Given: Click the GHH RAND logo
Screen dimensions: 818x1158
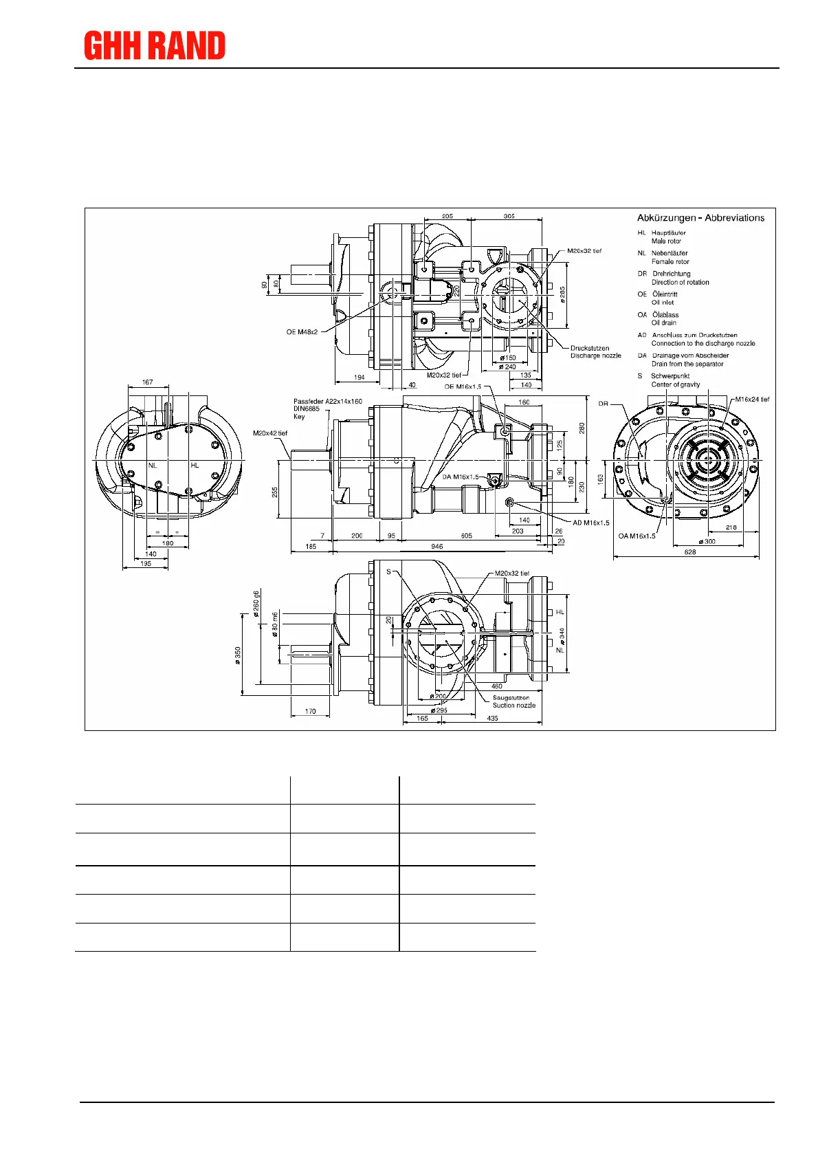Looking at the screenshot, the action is pos(155,46).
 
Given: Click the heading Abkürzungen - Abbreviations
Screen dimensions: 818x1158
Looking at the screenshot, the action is pos(700,218).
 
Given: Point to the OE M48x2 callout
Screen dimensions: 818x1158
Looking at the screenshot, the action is pos(302,332).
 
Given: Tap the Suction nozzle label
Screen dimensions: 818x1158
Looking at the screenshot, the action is pos(513,706).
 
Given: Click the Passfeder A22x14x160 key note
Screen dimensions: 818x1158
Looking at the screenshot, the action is pos(328,402).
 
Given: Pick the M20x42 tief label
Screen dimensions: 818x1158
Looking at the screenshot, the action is pos(270,433).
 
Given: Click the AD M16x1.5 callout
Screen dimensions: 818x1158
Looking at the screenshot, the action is pos(590,523).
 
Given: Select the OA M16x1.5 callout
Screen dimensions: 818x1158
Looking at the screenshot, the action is pos(637,536).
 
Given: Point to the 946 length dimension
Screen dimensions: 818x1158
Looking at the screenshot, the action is pos(436,547).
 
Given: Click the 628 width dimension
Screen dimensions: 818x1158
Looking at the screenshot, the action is pos(690,552).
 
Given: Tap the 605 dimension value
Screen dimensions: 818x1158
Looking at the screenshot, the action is pos(467,536).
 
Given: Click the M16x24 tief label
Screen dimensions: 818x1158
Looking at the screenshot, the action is pos(752,400).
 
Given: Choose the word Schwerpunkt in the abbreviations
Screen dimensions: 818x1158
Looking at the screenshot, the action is pos(670,376).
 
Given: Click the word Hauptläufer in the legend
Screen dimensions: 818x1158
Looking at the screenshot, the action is pos(668,233).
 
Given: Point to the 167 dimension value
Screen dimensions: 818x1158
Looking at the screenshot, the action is pos(147,382).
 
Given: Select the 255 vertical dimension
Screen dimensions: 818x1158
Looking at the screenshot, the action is pos(275,492).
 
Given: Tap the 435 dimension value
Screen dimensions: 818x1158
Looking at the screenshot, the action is pos(492,719).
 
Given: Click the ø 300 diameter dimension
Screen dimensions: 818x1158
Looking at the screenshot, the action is pos(707,541).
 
